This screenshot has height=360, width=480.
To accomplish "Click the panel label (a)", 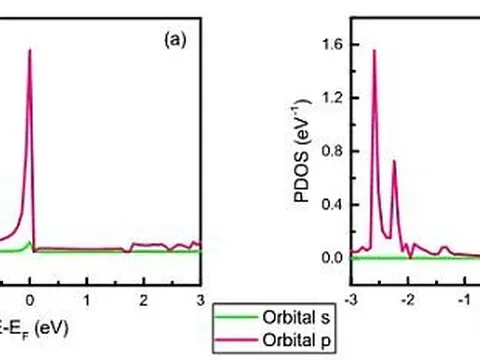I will click(x=172, y=44).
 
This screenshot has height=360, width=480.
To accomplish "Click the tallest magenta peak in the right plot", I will click(x=374, y=52).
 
